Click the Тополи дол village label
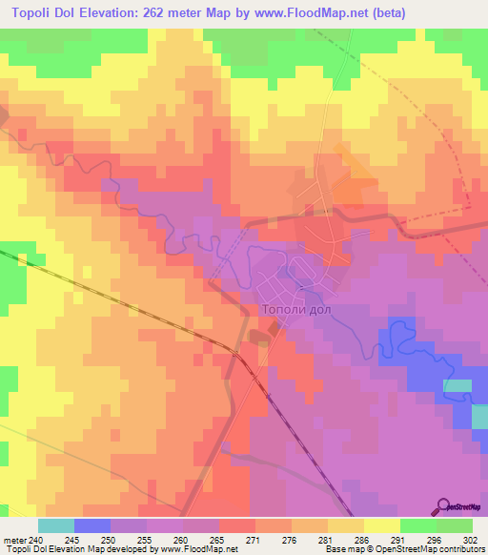tap(300, 308)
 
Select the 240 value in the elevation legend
tap(37, 539)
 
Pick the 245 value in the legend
tap(74, 539)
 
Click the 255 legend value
tap(147, 539)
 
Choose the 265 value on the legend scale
tap(219, 539)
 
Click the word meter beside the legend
tap(15, 539)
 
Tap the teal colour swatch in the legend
tap(56, 525)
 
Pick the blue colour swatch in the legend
tap(92, 525)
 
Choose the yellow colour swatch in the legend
tap(381, 525)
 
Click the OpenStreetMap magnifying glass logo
tap(444, 506)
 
